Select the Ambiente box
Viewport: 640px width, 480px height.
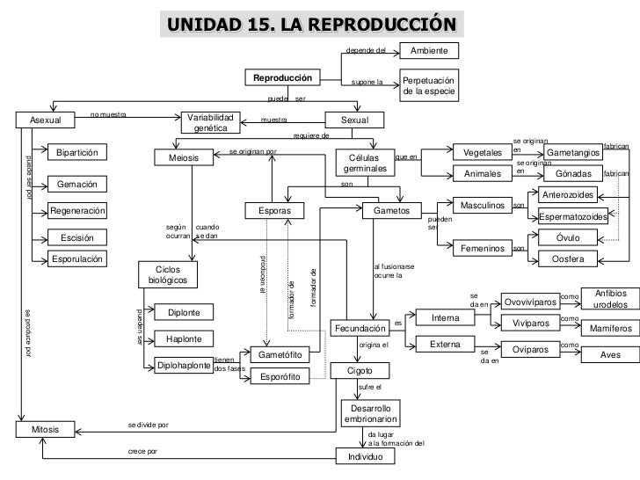point(429,50)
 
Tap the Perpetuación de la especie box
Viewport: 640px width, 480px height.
point(429,85)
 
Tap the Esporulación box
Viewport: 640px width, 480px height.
point(76,259)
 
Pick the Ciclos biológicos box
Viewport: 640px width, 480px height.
point(167,273)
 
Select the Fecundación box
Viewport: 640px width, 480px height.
point(359,329)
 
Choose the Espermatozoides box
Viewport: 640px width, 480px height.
point(573,216)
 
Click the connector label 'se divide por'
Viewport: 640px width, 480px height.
point(148,425)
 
